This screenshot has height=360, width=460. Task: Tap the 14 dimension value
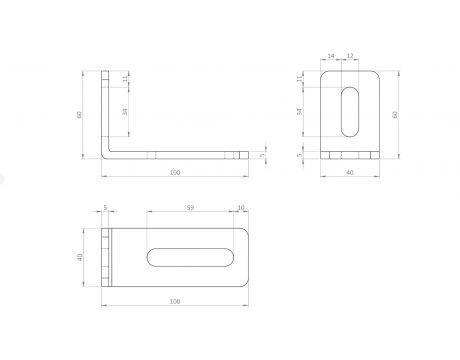point(331,56)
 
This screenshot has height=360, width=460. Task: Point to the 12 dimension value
point(350,56)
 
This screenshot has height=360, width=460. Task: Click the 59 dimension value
point(190,208)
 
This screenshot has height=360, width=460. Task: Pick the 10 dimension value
point(241,208)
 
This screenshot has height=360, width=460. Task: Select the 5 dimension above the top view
point(105,208)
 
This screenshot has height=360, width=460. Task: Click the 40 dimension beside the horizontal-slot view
point(80,257)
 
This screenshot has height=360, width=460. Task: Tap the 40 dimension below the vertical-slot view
point(350,173)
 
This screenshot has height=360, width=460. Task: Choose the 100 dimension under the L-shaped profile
point(175,173)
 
